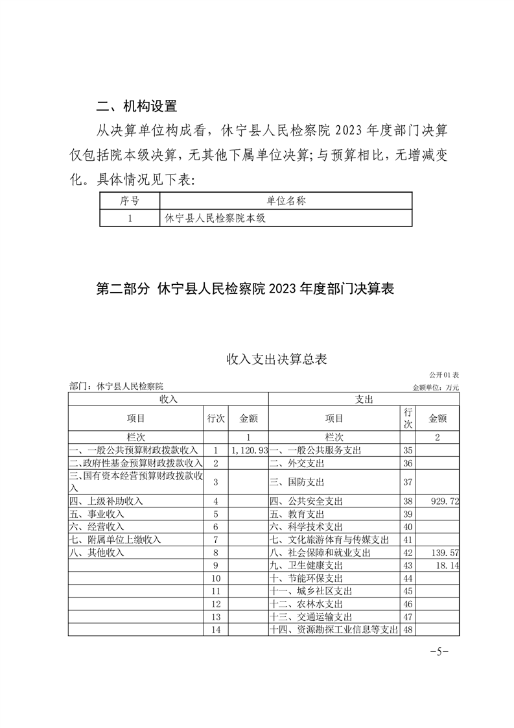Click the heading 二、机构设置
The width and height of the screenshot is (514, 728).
tap(136, 106)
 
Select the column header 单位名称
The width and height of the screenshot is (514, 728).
tap(286, 201)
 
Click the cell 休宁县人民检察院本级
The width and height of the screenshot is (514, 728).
tap(216, 219)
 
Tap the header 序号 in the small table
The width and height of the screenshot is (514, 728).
tap(130, 201)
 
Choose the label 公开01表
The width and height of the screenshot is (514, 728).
tap(443, 375)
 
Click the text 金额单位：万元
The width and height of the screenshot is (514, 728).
tap(435, 387)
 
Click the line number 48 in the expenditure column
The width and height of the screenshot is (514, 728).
tap(408, 629)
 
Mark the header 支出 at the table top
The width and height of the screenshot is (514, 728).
tap(364, 400)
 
